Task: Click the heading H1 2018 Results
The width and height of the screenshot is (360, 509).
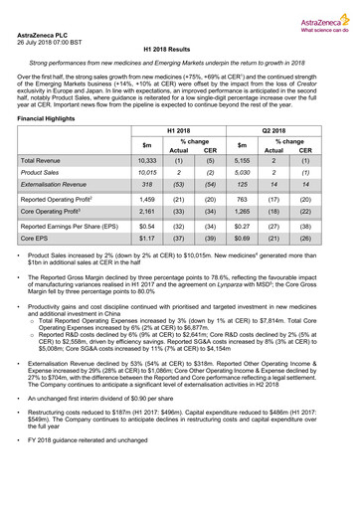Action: [x=179, y=49]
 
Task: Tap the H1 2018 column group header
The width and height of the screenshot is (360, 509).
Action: [x=180, y=131]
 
